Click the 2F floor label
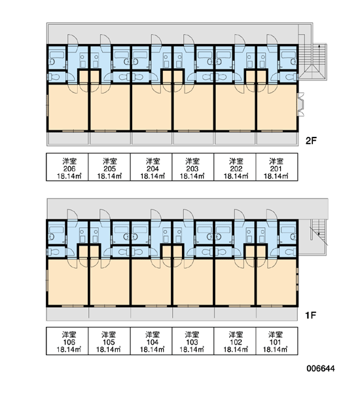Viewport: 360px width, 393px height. pos(311,141)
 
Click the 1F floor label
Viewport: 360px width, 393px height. pos(311,315)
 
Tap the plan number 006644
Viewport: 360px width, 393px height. pos(321,368)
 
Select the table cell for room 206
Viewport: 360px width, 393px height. pos(67,167)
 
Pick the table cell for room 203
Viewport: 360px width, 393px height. pos(193,167)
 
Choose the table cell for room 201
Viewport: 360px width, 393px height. pos(277,167)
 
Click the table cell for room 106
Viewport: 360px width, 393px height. pos(67,341)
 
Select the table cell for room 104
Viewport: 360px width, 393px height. pos(151,341)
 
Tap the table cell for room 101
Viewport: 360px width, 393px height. pos(277,341)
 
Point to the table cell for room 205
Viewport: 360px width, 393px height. pos(109,167)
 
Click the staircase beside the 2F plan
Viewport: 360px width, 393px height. pos(313,62)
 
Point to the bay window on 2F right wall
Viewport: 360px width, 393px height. pos(301,104)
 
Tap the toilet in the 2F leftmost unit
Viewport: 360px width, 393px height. pos(53,77)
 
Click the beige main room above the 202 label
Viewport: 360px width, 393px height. pos(235,107)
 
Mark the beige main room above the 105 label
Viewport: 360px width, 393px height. pos(109,282)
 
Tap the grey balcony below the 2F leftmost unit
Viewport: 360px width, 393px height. pos(68,138)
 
